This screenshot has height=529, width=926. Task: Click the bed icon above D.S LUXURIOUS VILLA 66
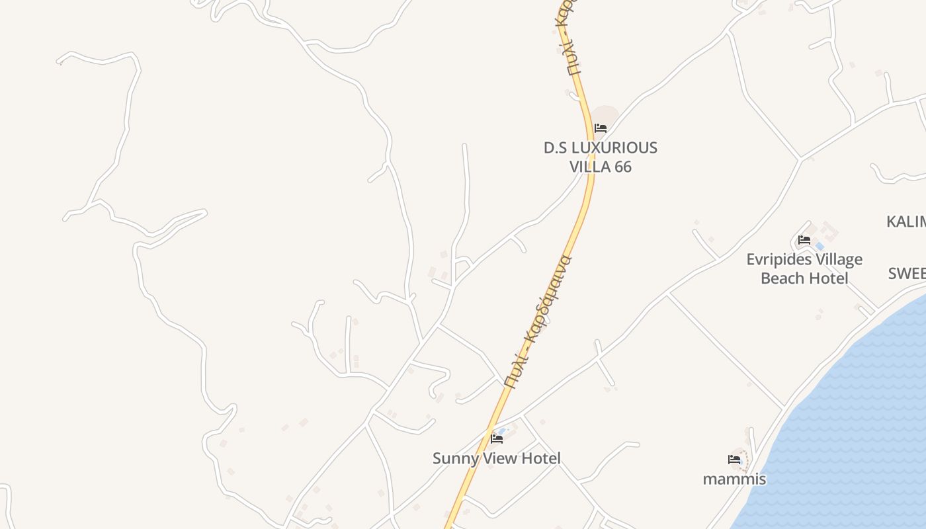(601, 128)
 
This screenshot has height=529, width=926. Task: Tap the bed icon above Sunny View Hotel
(497, 438)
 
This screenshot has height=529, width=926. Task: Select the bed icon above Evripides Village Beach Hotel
(804, 239)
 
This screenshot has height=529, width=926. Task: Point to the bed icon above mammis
(734, 459)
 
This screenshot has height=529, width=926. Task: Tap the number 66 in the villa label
(623, 167)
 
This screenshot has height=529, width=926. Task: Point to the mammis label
(734, 479)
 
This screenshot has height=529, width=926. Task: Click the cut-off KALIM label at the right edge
(906, 222)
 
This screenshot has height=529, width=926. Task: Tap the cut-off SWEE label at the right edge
(907, 273)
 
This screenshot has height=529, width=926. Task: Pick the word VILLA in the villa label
(590, 167)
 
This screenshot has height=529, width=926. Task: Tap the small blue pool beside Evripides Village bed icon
(820, 246)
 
